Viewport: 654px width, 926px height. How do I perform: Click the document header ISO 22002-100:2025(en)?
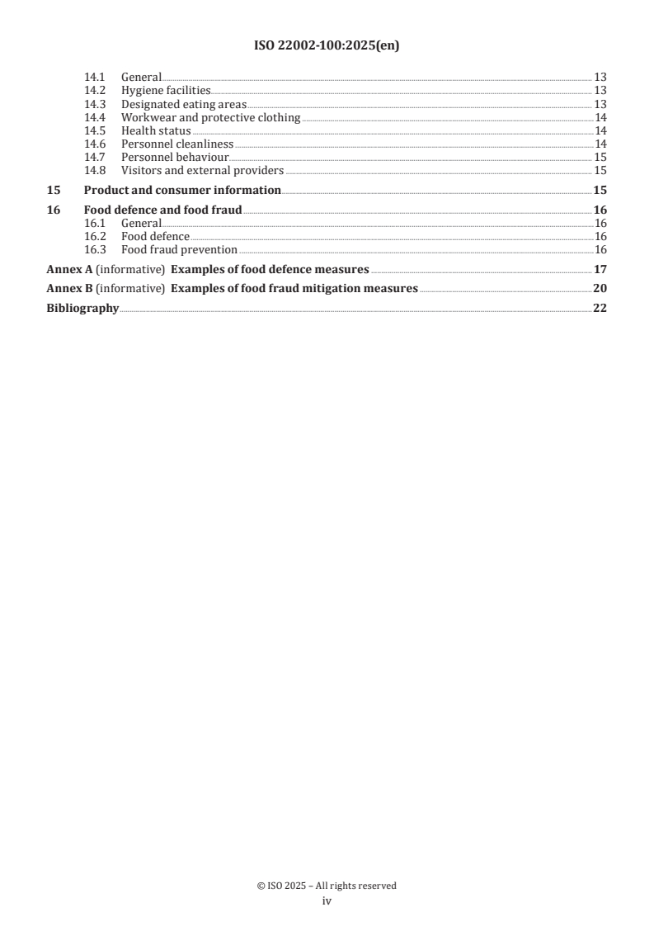point(327,46)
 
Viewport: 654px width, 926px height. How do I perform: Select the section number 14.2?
point(96,91)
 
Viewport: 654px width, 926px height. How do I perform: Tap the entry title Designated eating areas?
point(183,104)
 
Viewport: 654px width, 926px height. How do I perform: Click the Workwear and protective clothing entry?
point(210,117)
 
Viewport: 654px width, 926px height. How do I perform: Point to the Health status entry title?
point(156,130)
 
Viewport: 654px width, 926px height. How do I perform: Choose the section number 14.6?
point(96,144)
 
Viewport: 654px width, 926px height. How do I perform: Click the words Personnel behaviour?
point(174,157)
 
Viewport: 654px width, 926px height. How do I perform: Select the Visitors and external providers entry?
point(202,171)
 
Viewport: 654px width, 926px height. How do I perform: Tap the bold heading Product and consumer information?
point(182,191)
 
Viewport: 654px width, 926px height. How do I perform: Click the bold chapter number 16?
point(54,210)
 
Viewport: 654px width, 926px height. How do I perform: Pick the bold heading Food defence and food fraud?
point(162,210)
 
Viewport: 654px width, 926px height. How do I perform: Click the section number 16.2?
point(96,236)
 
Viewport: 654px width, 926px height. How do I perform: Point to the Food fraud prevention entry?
point(179,249)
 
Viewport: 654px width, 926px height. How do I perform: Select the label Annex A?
point(66,269)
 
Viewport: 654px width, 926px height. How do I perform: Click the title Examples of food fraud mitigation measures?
point(294,289)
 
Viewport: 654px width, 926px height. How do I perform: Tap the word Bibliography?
point(82,309)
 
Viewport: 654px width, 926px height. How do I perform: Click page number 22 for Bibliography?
point(600,309)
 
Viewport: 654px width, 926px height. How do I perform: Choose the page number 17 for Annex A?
point(600,269)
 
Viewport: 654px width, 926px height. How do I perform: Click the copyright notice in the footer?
point(327,886)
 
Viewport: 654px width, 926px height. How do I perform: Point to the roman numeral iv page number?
point(327,901)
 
